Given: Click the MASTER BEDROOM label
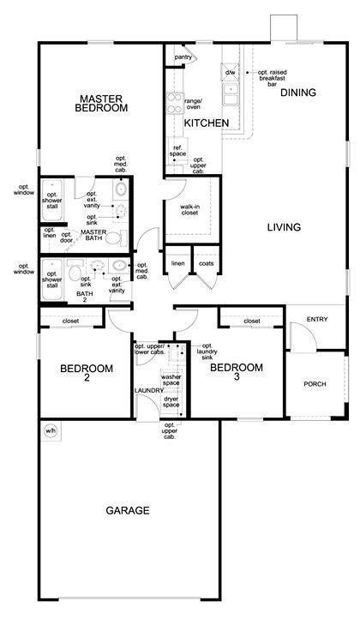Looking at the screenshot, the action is (x=101, y=103).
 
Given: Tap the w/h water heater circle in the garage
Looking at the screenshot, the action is (x=51, y=431).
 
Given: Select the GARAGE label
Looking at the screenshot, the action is (x=128, y=510).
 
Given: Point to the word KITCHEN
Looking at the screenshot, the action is (x=207, y=123).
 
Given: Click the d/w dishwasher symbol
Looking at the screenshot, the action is (x=230, y=72).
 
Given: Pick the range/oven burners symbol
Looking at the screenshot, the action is (x=174, y=103).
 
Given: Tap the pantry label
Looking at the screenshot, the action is (x=183, y=57).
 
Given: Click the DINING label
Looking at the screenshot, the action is (x=298, y=93).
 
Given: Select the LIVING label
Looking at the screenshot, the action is (x=284, y=227).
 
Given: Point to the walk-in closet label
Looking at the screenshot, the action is (x=189, y=210).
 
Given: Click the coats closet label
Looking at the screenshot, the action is (x=207, y=263).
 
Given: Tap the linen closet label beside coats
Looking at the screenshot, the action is (x=178, y=263).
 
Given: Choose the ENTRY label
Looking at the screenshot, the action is (x=317, y=319).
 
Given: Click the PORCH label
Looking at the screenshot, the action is (x=315, y=384).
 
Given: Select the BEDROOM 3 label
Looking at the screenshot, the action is (x=237, y=372).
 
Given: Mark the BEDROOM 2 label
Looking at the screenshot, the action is (x=87, y=373).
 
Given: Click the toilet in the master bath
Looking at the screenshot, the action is (x=116, y=238).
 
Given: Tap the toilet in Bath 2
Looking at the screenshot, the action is (x=75, y=272).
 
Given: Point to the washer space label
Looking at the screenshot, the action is (x=171, y=380).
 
